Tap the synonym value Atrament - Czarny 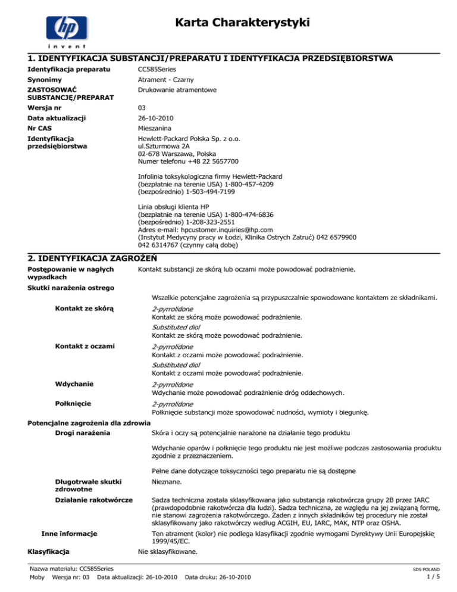click(x=164, y=80)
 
